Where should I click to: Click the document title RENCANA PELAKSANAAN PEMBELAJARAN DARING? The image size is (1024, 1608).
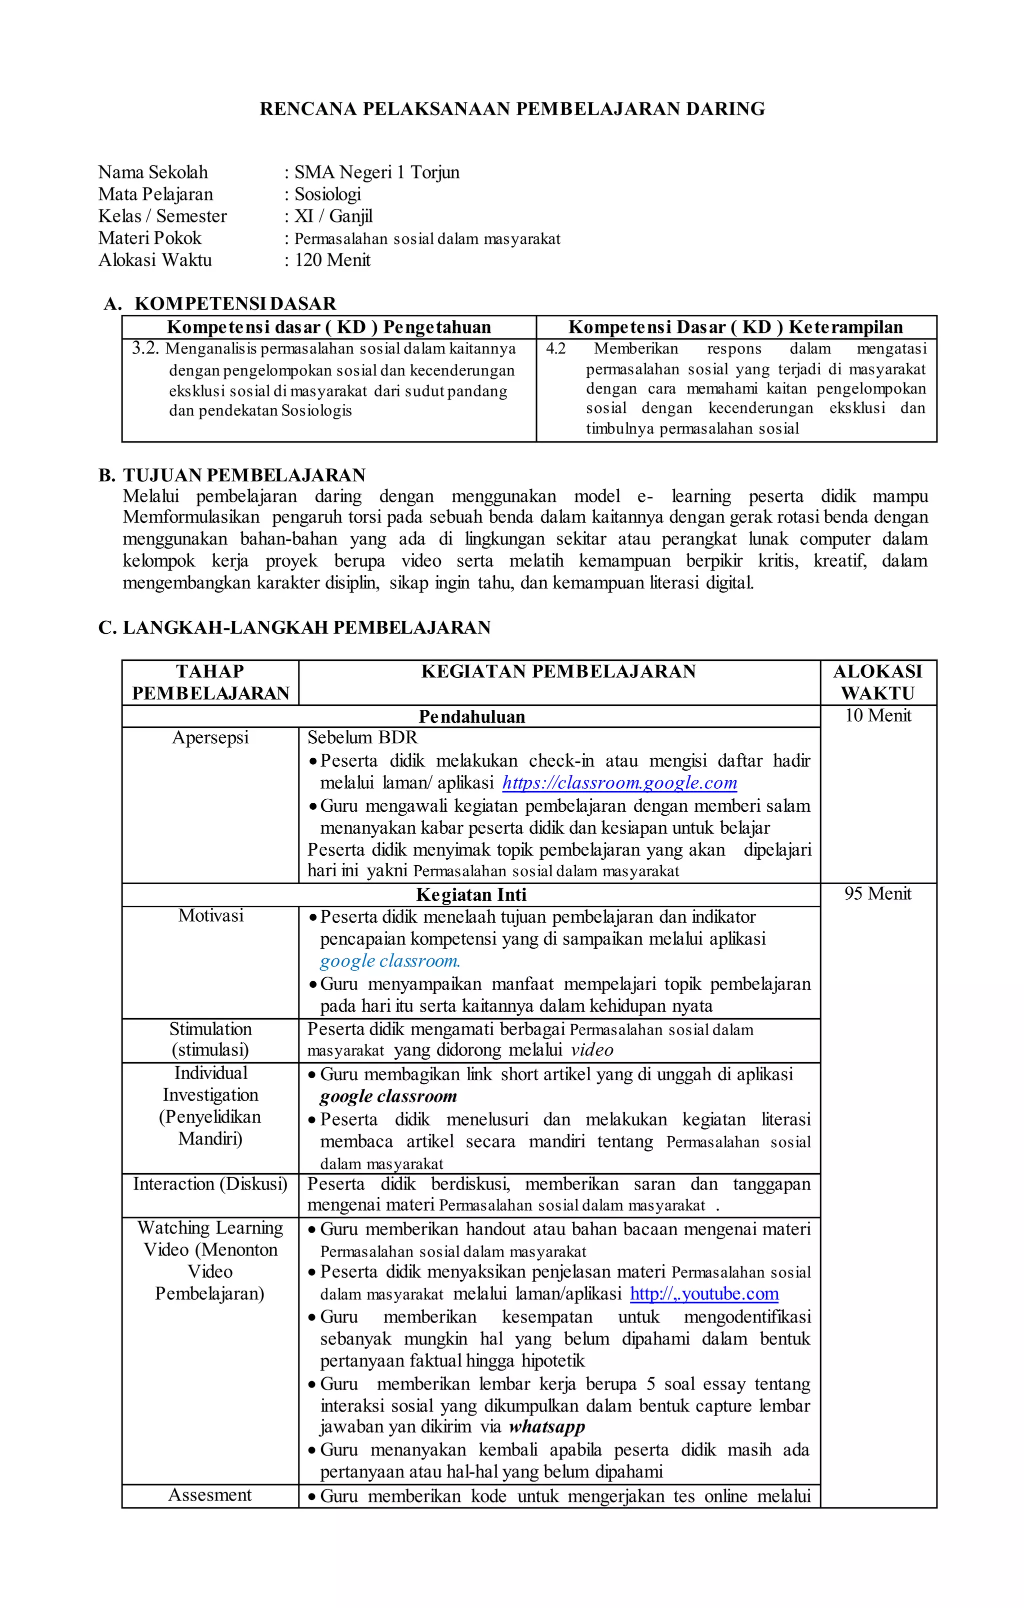click(511, 109)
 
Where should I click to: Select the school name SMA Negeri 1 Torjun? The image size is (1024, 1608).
click(376, 172)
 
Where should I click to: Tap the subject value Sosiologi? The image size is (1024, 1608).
click(327, 194)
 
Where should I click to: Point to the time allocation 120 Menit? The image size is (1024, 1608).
click(332, 260)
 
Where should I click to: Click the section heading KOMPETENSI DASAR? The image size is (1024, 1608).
click(235, 304)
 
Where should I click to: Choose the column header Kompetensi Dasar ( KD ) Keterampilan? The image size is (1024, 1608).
click(735, 327)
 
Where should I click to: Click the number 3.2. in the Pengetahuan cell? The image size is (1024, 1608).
click(145, 348)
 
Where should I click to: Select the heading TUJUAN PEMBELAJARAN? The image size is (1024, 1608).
click(244, 475)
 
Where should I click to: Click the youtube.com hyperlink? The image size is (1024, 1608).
click(704, 1294)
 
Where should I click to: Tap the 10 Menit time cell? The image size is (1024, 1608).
click(877, 716)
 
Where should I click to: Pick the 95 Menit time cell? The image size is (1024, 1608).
click(877, 894)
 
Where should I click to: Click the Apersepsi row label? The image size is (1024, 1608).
click(210, 738)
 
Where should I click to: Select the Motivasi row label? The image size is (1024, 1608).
click(210, 916)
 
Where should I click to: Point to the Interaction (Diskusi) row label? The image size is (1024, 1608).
click(210, 1184)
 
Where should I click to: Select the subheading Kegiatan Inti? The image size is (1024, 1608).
click(471, 895)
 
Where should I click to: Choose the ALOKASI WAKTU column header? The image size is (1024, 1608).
click(877, 682)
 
